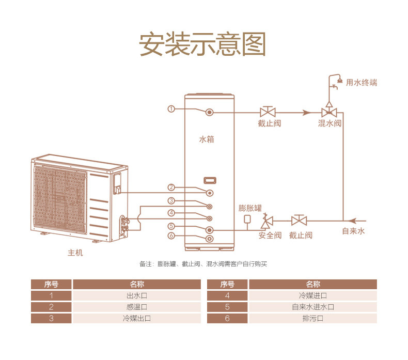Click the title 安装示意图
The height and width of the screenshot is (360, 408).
click(203, 45)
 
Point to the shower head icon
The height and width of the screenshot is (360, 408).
click(339, 81)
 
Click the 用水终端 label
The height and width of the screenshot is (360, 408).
click(362, 83)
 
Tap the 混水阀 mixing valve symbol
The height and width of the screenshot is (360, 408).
click(329, 112)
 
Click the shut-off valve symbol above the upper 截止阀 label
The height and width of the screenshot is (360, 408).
click(268, 112)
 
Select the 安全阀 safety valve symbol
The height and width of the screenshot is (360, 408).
click(267, 222)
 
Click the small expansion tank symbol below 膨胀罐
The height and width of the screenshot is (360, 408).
click(247, 219)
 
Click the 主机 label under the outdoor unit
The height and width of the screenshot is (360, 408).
click(75, 253)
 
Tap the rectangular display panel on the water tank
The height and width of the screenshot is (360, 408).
click(210, 180)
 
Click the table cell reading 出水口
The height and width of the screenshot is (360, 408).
click(136, 296)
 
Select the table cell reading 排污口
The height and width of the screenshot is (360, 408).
click(312, 318)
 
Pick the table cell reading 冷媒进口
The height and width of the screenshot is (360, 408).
click(312, 296)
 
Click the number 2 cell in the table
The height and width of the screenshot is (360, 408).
click(51, 307)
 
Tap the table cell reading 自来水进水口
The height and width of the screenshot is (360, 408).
click(312, 307)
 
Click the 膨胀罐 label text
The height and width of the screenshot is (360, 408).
click(250, 208)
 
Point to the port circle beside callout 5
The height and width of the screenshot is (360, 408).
click(210, 229)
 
